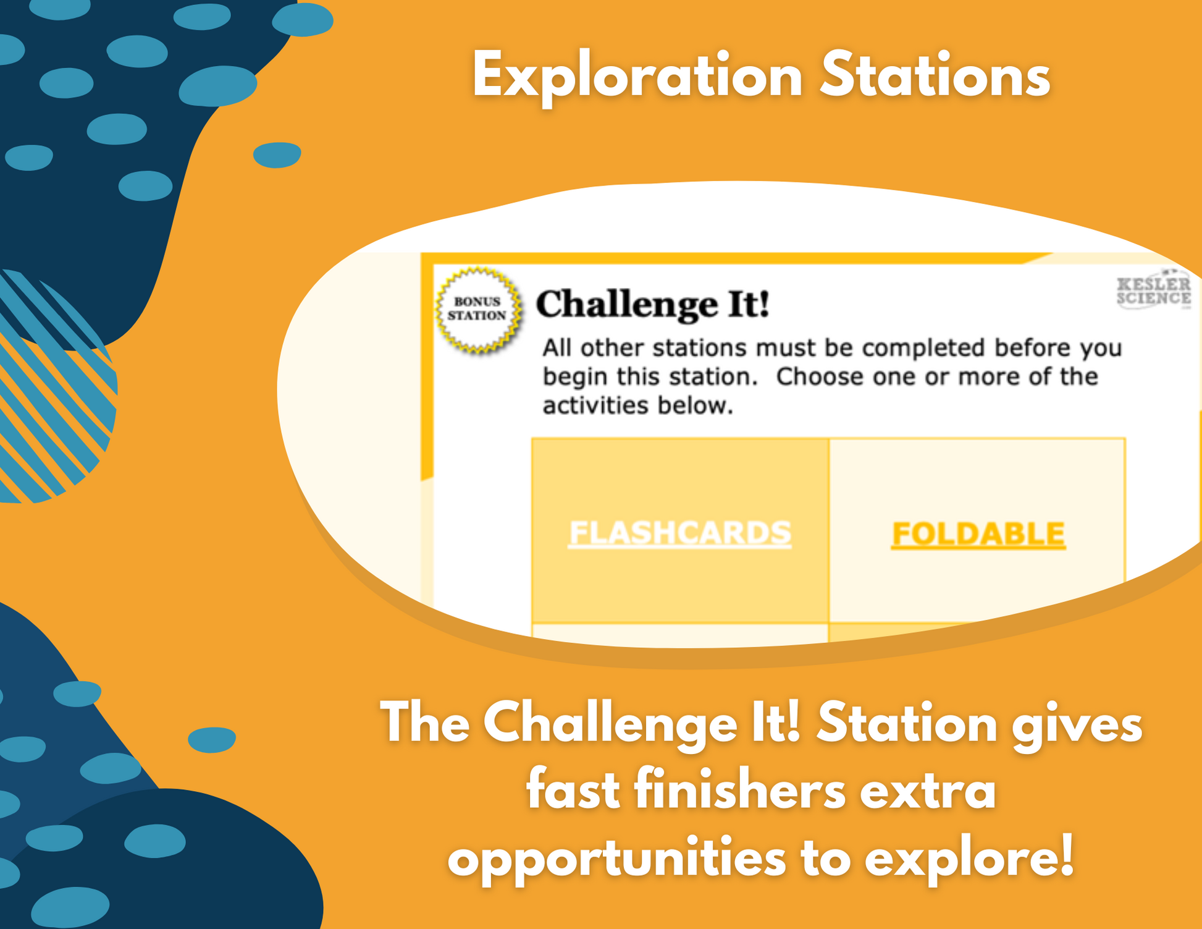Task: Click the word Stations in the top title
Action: click(x=935, y=75)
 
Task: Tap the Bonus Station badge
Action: click(x=478, y=310)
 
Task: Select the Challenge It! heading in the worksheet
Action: click(x=653, y=304)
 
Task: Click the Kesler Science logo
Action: click(x=1154, y=291)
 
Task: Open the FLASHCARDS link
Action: click(x=679, y=533)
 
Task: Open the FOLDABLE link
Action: click(x=978, y=534)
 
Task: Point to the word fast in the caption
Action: click(x=573, y=789)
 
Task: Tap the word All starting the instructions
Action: click(x=557, y=348)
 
